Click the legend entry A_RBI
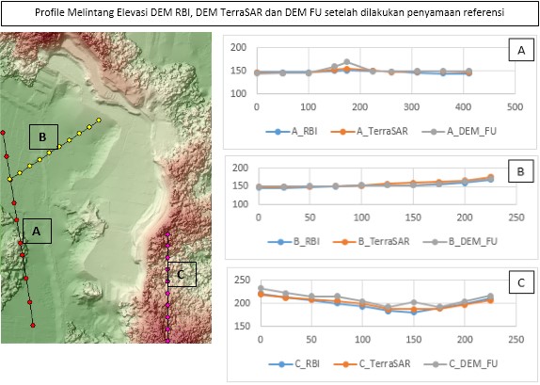(x=292, y=131)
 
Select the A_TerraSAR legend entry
(x=369, y=131)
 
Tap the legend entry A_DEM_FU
(x=459, y=131)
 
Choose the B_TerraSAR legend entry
(x=372, y=241)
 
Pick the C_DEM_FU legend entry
(x=461, y=363)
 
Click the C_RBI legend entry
(x=294, y=363)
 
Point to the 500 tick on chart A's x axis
(x=515, y=107)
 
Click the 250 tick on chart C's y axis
(x=242, y=280)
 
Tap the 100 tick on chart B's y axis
(x=240, y=203)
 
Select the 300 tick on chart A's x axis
(x=411, y=107)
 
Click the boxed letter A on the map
(x=38, y=231)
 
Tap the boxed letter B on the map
(x=43, y=136)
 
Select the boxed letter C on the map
(x=182, y=274)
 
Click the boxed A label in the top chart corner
(x=521, y=50)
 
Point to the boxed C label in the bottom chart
(x=521, y=283)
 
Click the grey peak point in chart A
(x=347, y=62)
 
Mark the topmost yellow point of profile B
(x=99, y=120)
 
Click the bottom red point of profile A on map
(x=33, y=325)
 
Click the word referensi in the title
(x=484, y=13)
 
